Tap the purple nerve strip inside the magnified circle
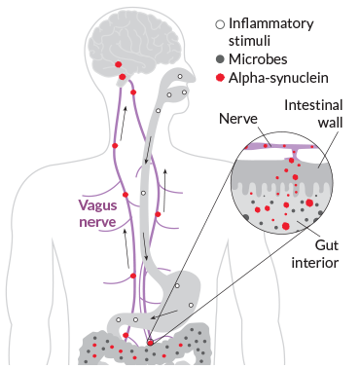click(x=282, y=145)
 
